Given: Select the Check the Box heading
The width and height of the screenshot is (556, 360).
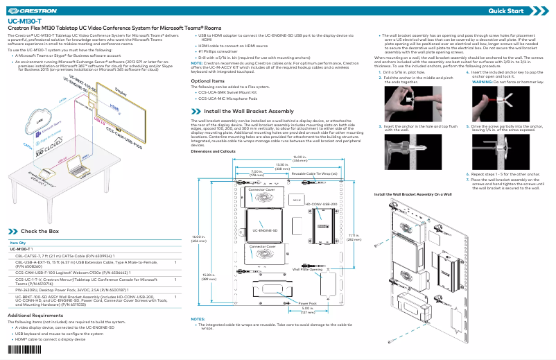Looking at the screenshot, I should pyautogui.click(x=40, y=230).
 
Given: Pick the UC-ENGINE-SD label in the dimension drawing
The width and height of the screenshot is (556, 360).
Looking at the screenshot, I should pyautogui.click(x=265, y=230).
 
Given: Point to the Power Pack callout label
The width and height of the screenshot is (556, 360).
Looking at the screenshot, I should pyautogui.click(x=307, y=303).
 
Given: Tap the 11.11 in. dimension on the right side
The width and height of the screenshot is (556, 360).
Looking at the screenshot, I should pyautogui.click(x=352, y=237).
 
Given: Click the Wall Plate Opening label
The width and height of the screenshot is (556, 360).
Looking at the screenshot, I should pyautogui.click(x=306, y=268).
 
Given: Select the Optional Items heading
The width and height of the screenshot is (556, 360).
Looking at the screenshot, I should pyautogui.click(x=208, y=81).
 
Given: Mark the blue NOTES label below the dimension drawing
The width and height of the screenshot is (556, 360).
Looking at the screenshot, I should pyautogui.click(x=197, y=319).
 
